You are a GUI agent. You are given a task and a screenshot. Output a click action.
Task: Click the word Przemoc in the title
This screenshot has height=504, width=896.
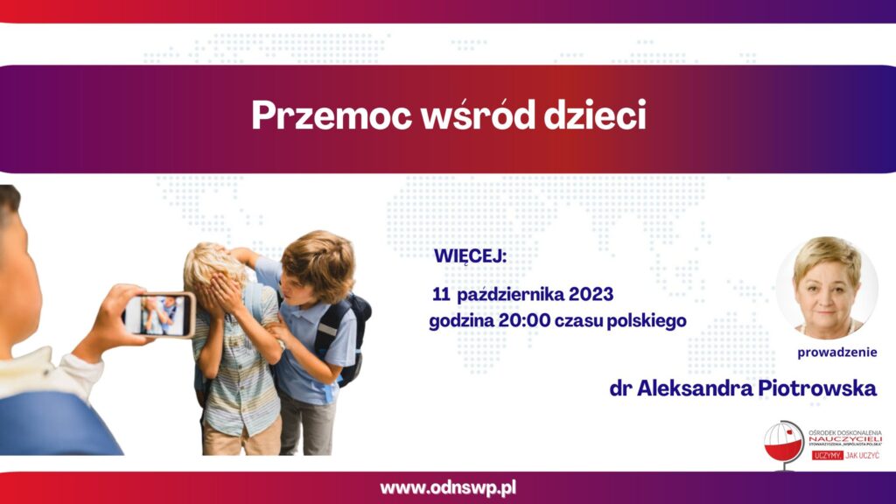332,116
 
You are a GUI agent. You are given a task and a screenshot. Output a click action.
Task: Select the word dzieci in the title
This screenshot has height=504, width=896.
595,115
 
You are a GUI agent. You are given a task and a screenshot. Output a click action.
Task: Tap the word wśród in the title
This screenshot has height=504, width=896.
478,115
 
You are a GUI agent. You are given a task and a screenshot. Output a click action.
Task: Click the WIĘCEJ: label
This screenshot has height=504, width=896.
470,256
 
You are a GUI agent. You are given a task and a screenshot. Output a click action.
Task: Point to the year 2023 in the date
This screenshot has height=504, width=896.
591,294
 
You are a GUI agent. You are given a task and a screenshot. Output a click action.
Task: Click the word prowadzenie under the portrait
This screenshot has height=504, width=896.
837,353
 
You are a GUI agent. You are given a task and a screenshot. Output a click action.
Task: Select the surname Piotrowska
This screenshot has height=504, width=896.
817,388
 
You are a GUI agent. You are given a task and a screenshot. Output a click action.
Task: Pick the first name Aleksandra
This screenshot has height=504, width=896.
695,388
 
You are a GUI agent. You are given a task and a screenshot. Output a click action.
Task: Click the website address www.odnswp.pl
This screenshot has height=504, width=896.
448,488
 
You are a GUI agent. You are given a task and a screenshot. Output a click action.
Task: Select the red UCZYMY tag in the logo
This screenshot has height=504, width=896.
828,455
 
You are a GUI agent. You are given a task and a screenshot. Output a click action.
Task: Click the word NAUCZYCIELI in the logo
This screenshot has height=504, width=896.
845,439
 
